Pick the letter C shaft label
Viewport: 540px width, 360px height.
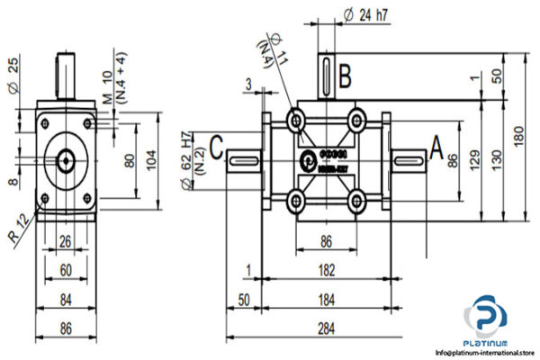click(217, 144)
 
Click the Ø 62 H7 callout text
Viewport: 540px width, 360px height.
click(187, 157)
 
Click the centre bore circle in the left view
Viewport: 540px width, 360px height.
click(67, 160)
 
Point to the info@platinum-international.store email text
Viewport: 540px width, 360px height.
click(487, 351)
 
